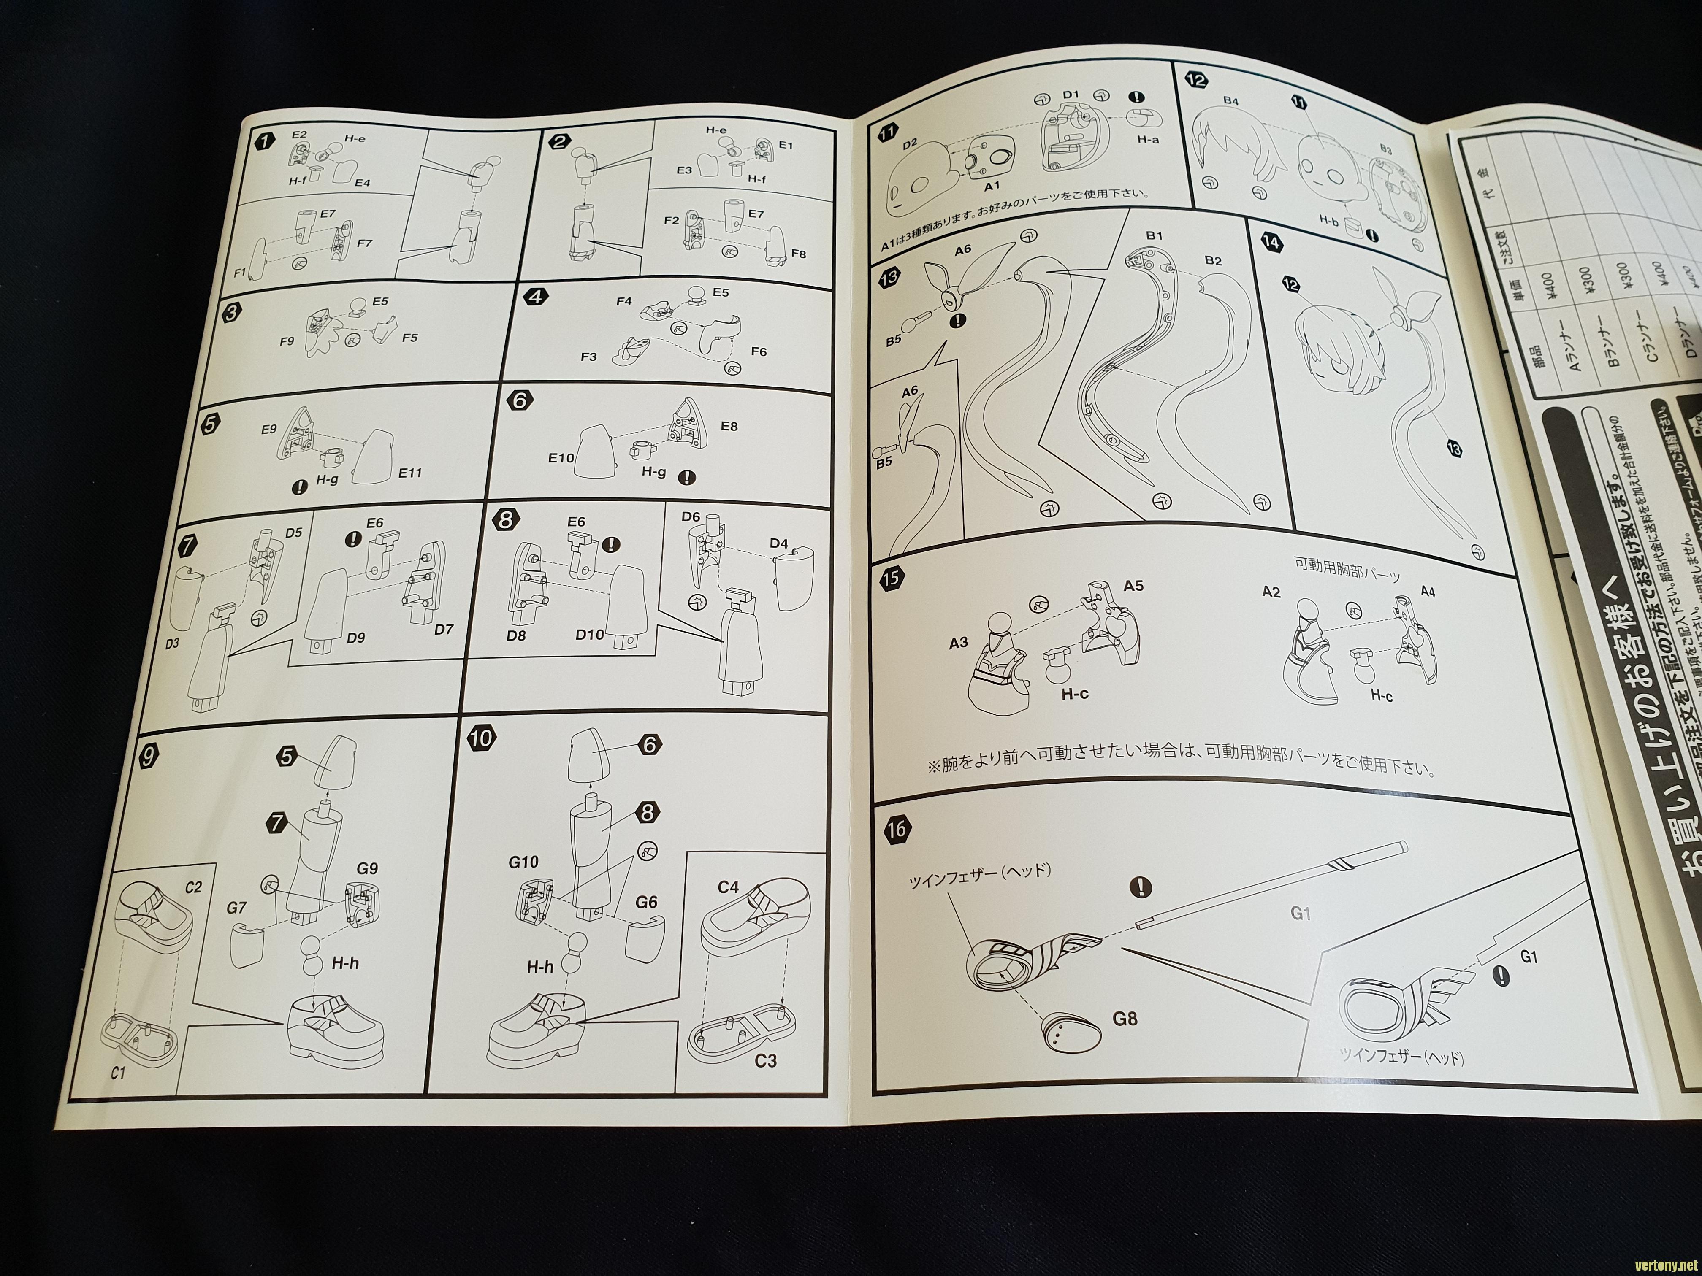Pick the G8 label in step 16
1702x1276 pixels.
click(1124, 1019)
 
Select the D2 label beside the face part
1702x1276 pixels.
click(910, 144)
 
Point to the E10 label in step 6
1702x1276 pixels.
click(561, 458)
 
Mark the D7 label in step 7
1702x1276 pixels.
click(444, 629)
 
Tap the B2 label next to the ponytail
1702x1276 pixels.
click(1214, 261)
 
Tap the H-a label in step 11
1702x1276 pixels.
click(1148, 139)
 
